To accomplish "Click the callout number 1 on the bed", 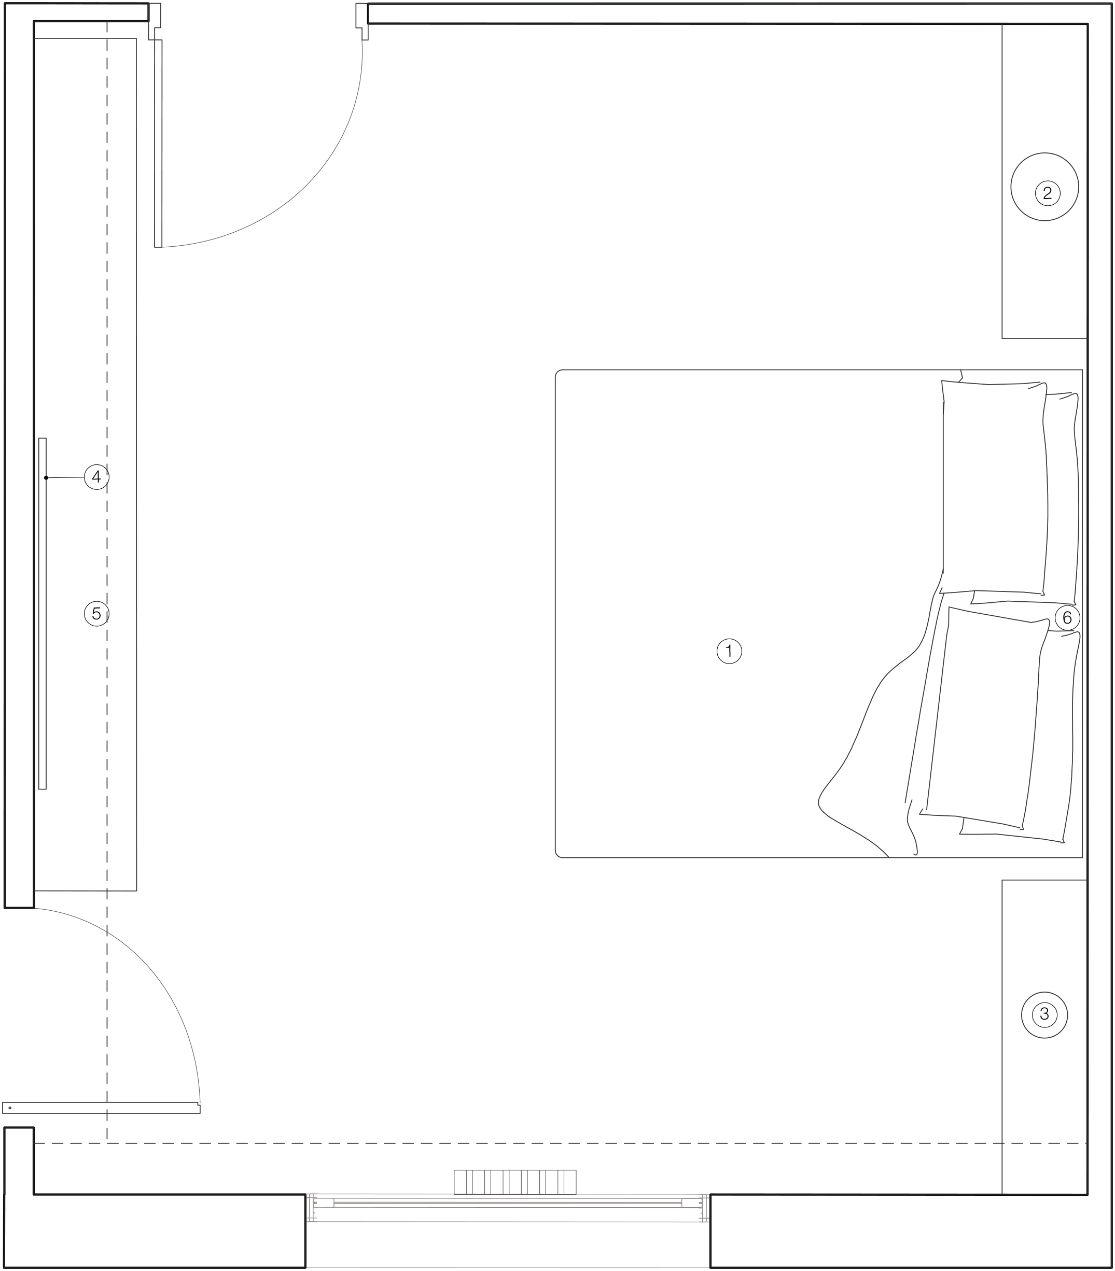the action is coord(729,651).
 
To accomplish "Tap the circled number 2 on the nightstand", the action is coord(1047,193).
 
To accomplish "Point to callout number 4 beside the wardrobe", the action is coord(96,477).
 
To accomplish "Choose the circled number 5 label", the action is coord(96,614).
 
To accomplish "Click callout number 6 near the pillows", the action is coord(1067,617).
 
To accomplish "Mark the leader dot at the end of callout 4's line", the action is coord(46,477).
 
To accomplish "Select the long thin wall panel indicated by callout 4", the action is coord(43,614).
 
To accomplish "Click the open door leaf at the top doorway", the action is coord(158,144).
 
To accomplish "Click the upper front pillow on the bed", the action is coord(994,487).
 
